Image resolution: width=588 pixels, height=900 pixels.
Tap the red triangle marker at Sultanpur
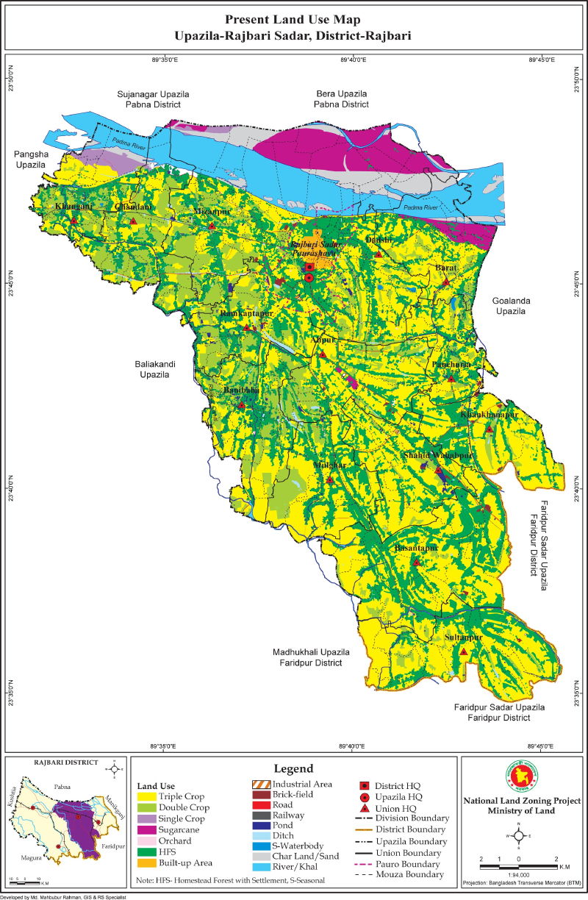click(x=464, y=651)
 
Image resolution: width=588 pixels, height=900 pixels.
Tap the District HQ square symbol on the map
click(x=309, y=267)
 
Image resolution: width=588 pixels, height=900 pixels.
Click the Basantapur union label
click(x=417, y=549)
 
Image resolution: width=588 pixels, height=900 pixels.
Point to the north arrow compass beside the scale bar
click(x=519, y=837)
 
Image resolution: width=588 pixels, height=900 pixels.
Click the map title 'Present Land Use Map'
click(x=293, y=18)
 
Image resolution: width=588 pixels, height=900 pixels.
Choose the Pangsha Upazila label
click(x=29, y=160)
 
